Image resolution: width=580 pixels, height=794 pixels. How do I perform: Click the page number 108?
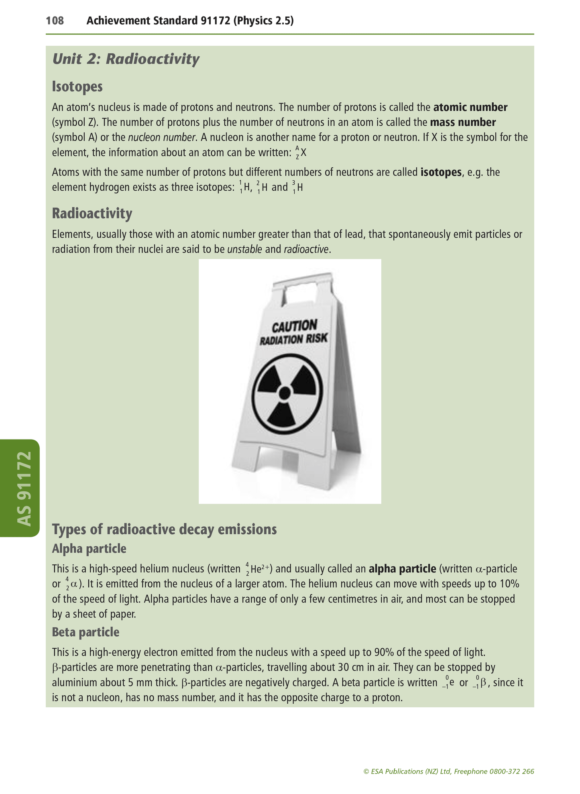point(55,20)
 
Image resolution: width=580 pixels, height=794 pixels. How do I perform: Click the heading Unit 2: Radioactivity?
point(126,59)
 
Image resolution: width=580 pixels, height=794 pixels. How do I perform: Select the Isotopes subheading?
point(77,86)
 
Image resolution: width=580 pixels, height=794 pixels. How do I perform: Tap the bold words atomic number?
point(470,108)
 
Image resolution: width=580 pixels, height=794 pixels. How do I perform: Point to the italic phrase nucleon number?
point(162,138)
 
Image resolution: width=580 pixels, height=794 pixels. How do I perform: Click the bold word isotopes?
point(441,173)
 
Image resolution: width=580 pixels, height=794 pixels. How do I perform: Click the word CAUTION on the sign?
point(295,326)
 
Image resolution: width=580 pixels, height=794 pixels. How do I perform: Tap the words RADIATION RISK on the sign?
point(294,340)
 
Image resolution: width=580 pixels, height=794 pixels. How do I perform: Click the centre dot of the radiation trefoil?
point(285,392)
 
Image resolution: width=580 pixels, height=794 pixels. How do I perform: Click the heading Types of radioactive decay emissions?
point(165,529)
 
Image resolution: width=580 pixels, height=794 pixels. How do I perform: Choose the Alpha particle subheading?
point(89,549)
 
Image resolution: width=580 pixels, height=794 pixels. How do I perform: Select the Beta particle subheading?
point(85,632)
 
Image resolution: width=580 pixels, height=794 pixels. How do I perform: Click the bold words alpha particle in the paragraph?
point(402,569)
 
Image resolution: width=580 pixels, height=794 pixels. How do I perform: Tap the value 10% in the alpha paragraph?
point(509,584)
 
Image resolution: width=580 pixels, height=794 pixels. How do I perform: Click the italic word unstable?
point(244,250)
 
